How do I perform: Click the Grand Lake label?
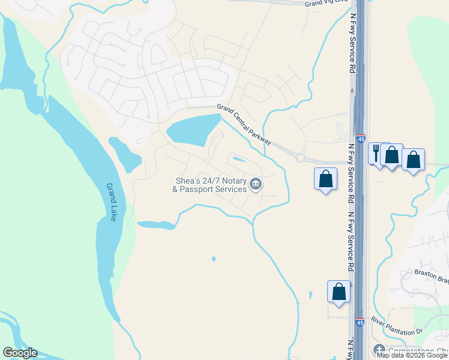110,202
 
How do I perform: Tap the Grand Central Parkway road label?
244,125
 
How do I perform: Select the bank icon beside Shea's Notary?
256,184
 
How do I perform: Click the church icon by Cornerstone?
379,350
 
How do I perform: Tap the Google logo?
20,353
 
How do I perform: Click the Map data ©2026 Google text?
412,355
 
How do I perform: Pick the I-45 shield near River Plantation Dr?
360,323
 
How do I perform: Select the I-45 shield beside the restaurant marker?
361,138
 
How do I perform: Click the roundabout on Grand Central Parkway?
300,158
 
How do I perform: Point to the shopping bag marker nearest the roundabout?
325,178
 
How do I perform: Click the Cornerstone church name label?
417,351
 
